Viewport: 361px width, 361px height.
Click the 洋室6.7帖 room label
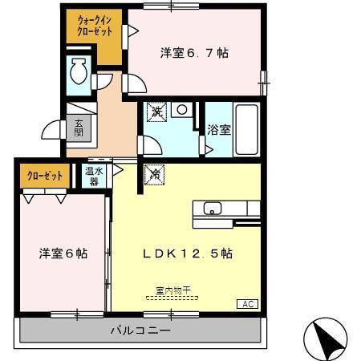194,53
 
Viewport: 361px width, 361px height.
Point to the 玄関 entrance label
78,128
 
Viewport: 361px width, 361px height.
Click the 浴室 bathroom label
218,128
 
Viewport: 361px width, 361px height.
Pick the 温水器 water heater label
94,176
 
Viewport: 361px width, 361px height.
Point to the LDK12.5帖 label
188,254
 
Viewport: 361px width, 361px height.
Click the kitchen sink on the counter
213,209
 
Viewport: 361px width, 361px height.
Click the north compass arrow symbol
328,335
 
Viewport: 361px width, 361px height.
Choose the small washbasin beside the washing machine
183,110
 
